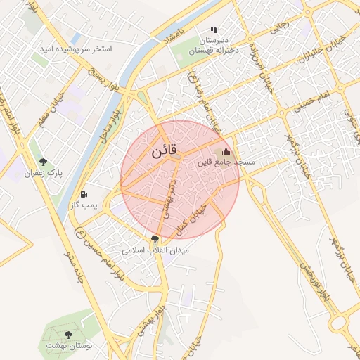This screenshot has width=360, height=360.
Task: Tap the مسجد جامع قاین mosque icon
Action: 226,151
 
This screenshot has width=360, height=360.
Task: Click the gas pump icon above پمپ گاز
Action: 85,194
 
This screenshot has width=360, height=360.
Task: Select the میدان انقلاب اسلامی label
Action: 155,250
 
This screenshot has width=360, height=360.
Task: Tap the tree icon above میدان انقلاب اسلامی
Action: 155,239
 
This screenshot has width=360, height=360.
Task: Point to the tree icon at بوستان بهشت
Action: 68,335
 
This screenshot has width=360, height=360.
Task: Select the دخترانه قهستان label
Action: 214,50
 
